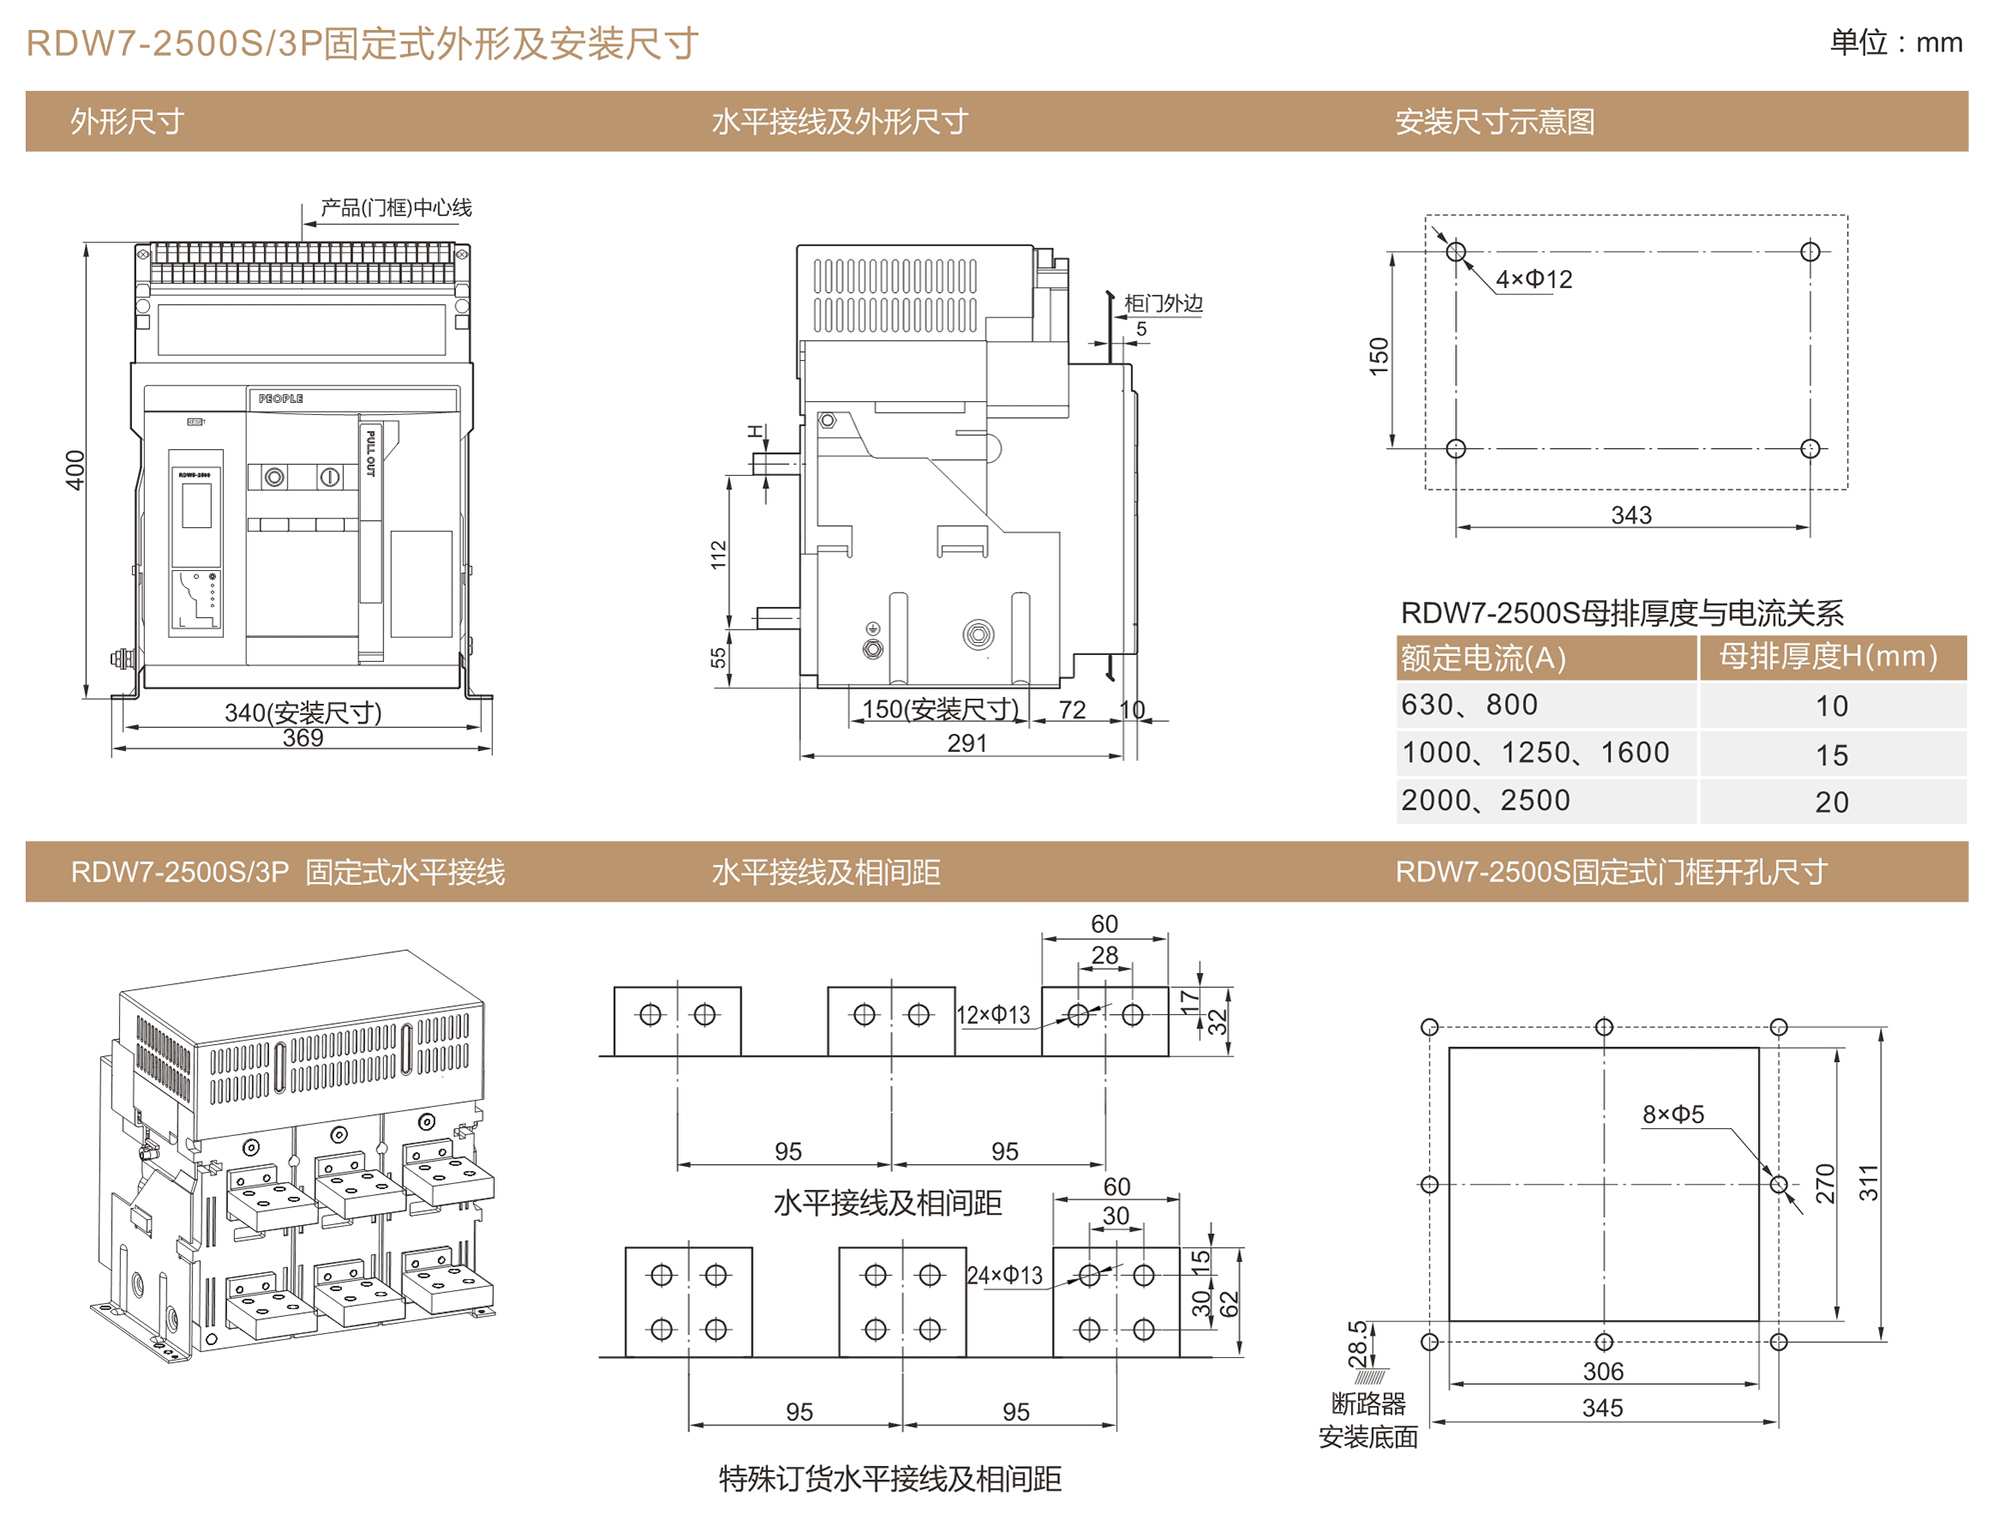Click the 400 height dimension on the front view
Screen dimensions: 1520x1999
pyautogui.click(x=75, y=470)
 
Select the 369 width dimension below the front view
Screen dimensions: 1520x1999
pyautogui.click(x=303, y=738)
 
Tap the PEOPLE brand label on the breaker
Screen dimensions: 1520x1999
pyautogui.click(x=281, y=398)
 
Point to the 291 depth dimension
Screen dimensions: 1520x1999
pyautogui.click(x=967, y=743)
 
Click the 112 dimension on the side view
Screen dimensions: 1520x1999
pyautogui.click(x=719, y=555)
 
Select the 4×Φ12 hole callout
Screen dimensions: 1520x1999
pyautogui.click(x=1533, y=280)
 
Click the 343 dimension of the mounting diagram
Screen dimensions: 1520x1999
pyautogui.click(x=1631, y=515)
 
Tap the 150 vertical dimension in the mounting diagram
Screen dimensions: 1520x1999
pyautogui.click(x=1379, y=356)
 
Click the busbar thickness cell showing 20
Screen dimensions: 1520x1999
pyautogui.click(x=1831, y=802)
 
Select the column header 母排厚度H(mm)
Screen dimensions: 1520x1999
pyautogui.click(x=1828, y=657)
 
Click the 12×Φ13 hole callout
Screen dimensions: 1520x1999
pyautogui.click(x=994, y=1015)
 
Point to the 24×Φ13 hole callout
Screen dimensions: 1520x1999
pyautogui.click(x=1004, y=1275)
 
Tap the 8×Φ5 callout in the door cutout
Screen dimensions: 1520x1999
pyautogui.click(x=1673, y=1114)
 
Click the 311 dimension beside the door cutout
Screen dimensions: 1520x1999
pyautogui.click(x=1868, y=1182)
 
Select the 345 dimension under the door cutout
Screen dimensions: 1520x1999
pyautogui.click(x=1602, y=1408)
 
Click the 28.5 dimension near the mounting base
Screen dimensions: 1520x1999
pyautogui.click(x=1358, y=1344)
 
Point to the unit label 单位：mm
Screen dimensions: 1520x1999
pyautogui.click(x=1895, y=43)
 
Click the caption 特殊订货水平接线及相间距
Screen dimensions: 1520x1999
pyautogui.click(x=890, y=1479)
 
